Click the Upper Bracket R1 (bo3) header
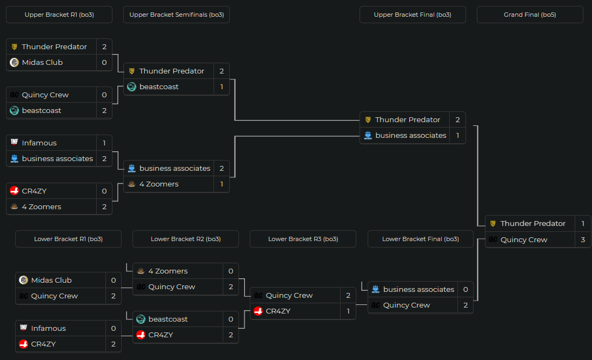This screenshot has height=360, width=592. tap(59, 15)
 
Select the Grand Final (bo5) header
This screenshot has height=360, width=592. tap(530, 15)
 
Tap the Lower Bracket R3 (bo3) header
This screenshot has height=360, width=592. tap(303, 239)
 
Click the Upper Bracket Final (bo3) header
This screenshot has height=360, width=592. tap(413, 15)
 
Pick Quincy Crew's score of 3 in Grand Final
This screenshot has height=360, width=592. tap(583, 239)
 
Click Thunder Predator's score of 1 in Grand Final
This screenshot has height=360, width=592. tap(583, 223)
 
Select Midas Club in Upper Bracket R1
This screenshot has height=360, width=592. tap(42, 62)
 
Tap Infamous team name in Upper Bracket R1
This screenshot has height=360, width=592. tap(39, 143)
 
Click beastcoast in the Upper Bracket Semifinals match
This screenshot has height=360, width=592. tap(159, 86)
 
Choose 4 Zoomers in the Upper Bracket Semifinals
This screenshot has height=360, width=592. tap(159, 184)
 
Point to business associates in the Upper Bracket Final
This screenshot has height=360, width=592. tap(411, 135)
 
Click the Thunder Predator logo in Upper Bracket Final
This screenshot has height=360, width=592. tap(368, 119)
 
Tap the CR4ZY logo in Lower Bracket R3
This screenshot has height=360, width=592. tap(258, 311)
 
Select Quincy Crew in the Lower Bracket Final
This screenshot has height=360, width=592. tap(407, 305)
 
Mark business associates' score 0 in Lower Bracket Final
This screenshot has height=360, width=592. tap(465, 289)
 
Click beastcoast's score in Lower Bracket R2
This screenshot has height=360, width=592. tap(231, 319)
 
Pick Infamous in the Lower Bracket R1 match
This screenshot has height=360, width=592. tap(48, 328)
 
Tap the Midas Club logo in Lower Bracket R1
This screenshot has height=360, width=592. tap(23, 280)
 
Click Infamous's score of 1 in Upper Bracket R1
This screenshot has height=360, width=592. tap(104, 143)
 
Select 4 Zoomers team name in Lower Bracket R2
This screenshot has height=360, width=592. tap(168, 271)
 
